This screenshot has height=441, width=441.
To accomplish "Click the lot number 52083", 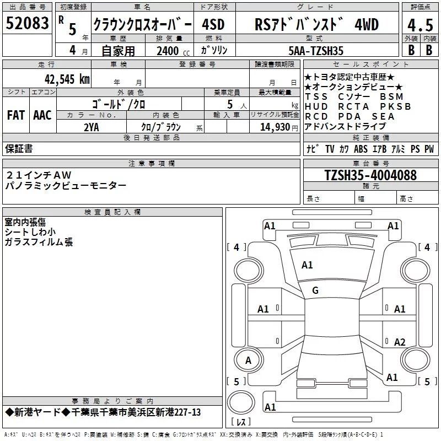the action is coord(27,23).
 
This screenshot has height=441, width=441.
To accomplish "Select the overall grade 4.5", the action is coord(420,25).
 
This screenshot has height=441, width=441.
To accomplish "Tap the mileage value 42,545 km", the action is coord(67,79).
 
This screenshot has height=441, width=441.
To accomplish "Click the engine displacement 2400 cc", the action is coord(173,51).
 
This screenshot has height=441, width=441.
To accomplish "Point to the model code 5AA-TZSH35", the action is coord(316,51).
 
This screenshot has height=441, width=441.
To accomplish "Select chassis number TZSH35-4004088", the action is coord(370,175).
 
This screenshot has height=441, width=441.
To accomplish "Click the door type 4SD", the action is coord(213,24).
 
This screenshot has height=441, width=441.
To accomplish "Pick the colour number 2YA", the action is coord(92,127).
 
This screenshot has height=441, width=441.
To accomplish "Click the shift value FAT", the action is coord(16,115).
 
